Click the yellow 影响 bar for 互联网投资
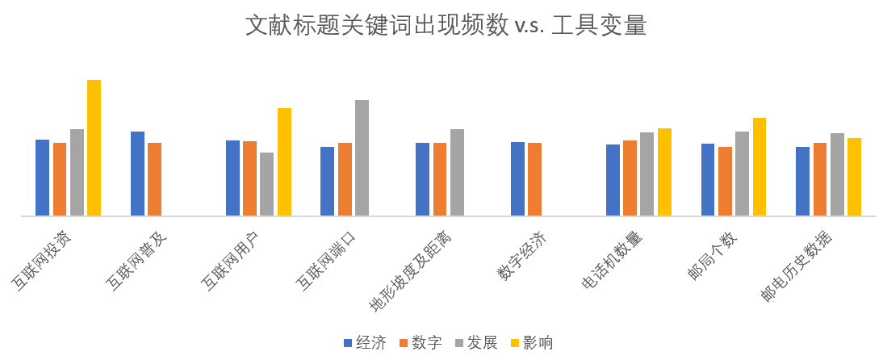tap(94, 148)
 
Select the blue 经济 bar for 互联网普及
tap(137, 174)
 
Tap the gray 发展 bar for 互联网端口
tap(362, 158)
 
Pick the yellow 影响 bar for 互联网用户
tap(284, 162)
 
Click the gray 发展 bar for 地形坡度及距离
tap(457, 173)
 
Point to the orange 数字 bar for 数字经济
tap(534, 179)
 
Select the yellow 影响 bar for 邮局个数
tap(760, 167)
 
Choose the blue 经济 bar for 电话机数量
tap(613, 180)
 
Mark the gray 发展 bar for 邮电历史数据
tap(837, 174)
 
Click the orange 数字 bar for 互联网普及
tap(154, 179)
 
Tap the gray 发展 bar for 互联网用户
tap(266, 184)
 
